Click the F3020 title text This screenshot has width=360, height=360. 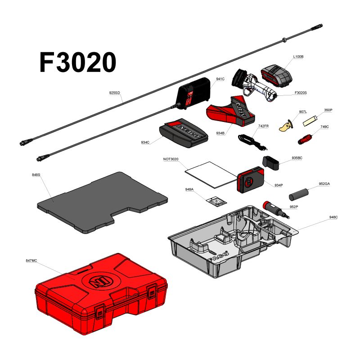click(77, 62)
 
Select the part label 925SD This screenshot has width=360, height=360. click(115, 93)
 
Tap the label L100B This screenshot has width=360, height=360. click(298, 57)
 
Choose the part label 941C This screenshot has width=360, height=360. click(220, 79)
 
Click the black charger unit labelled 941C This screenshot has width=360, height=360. click(193, 94)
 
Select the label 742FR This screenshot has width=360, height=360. click(263, 126)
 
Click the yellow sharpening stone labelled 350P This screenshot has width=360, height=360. click(311, 120)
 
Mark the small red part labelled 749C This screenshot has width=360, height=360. click(307, 137)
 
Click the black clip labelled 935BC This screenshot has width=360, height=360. click(271, 162)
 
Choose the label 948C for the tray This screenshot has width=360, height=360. click(333, 217)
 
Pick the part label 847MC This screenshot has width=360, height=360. click(31, 261)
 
